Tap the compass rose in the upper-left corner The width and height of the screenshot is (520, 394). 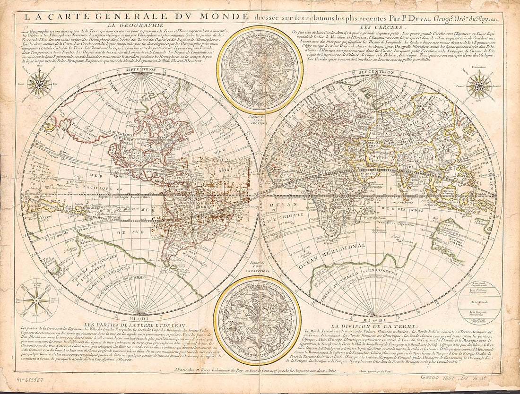39,84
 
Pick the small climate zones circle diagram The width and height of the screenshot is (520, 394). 479,302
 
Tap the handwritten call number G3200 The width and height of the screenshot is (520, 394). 431,379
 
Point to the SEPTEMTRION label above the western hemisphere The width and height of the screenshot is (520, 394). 141,70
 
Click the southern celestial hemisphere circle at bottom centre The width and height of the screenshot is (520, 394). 257,314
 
